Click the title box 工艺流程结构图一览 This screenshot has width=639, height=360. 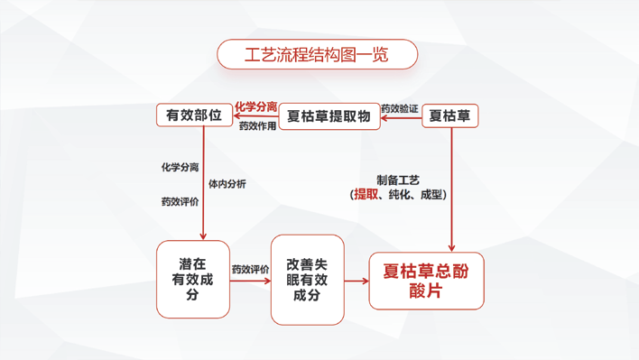(x=317, y=54)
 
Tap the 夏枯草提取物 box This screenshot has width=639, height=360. (x=329, y=116)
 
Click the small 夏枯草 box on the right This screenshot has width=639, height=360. (x=449, y=115)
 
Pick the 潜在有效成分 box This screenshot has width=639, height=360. (x=193, y=279)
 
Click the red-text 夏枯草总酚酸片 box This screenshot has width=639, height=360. (x=426, y=281)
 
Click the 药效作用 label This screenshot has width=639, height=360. (x=257, y=126)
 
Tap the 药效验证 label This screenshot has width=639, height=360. (x=399, y=108)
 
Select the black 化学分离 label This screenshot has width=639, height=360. (x=180, y=167)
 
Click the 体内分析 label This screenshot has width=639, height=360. (x=227, y=184)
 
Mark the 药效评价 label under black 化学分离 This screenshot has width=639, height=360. (x=180, y=201)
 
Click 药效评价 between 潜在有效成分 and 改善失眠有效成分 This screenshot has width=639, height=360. (x=250, y=269)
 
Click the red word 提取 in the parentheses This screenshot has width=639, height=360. (x=366, y=194)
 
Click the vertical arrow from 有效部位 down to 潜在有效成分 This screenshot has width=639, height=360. (x=204, y=180)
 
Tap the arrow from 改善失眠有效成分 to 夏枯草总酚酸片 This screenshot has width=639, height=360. (x=357, y=281)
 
